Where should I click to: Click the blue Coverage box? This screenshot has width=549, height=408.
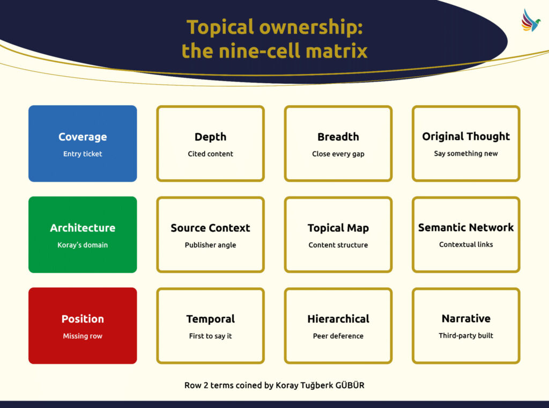coord(83,143)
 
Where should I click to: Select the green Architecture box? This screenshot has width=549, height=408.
coord(83,235)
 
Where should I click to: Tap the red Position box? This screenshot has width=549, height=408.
coord(83,326)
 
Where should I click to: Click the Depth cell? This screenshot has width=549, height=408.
coord(210,143)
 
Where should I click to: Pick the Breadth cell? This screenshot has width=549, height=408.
coord(338,143)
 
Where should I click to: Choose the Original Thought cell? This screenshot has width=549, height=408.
coord(466,143)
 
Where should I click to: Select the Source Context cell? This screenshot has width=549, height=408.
coord(210,235)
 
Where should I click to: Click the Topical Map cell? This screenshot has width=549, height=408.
coord(338,235)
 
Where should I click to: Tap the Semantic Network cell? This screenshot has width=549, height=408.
coord(466,235)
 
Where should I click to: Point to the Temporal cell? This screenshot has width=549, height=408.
coord(210,326)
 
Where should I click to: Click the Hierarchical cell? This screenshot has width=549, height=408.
coord(338,326)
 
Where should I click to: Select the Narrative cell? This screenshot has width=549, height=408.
coord(466,326)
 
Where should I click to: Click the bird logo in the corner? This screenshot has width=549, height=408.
coord(531,20)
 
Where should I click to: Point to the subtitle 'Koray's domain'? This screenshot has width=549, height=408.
coord(83,245)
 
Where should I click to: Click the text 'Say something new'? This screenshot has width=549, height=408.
coord(466,154)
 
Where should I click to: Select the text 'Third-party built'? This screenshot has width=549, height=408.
coord(466,336)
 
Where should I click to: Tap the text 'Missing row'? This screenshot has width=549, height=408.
coord(83,337)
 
